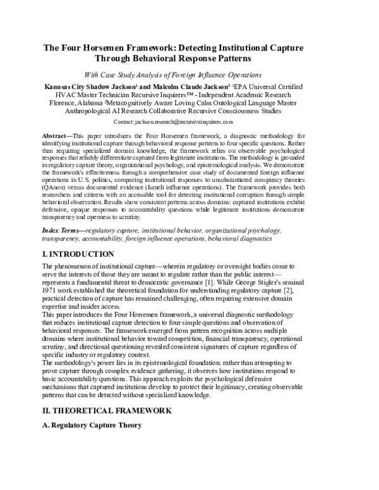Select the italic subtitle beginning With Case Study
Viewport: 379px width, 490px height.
click(x=189, y=72)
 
